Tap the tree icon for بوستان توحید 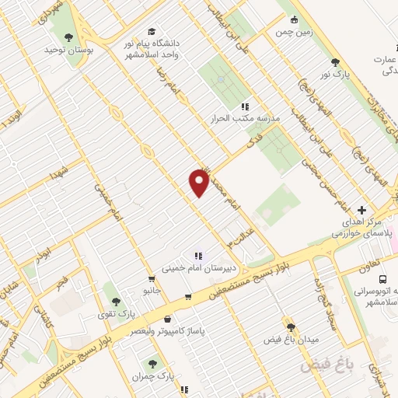69,37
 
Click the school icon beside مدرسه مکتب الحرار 245,106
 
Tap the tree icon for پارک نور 335,62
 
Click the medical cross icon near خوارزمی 361,209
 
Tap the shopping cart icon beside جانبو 152,278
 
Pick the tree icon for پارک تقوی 117,300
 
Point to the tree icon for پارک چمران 154,363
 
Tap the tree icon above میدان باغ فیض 292,327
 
